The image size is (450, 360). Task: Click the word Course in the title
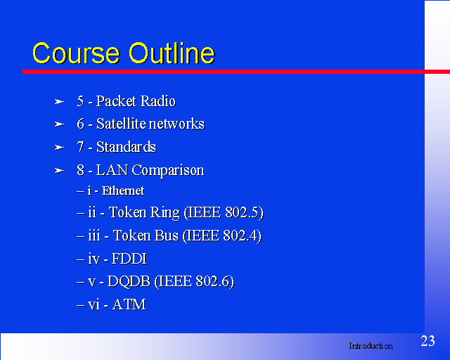(76, 53)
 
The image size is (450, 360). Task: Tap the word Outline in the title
(172, 53)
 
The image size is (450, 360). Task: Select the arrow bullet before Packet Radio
(59, 102)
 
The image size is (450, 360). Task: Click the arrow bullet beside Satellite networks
(59, 124)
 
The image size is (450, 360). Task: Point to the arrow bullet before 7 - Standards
(59, 148)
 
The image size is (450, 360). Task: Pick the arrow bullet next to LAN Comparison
(59, 171)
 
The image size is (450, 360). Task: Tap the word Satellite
(121, 124)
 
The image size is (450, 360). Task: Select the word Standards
(126, 147)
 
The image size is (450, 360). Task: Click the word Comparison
(168, 171)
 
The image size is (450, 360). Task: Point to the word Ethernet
(123, 191)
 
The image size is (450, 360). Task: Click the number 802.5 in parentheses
(242, 212)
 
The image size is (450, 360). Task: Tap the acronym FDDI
(129, 259)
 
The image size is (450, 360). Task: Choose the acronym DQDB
(129, 282)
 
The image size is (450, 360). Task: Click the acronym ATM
(129, 304)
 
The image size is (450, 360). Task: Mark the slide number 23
(427, 341)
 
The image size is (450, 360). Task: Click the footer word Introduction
(371, 346)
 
